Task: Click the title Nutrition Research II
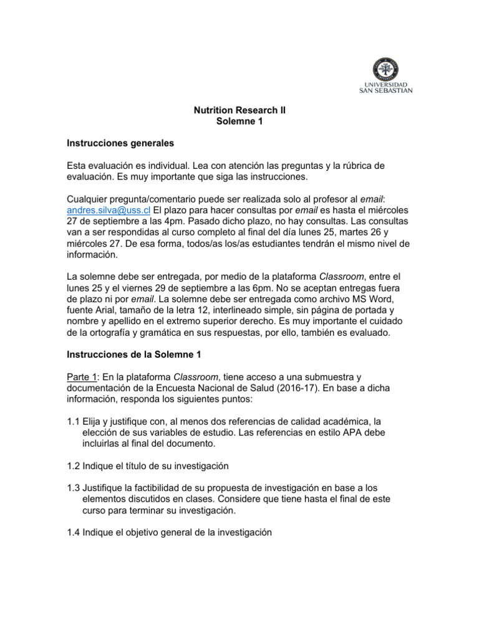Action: [239, 110]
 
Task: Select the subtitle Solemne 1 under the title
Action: [239, 121]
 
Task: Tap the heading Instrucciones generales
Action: [120, 143]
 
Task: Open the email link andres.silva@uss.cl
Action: [109, 210]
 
